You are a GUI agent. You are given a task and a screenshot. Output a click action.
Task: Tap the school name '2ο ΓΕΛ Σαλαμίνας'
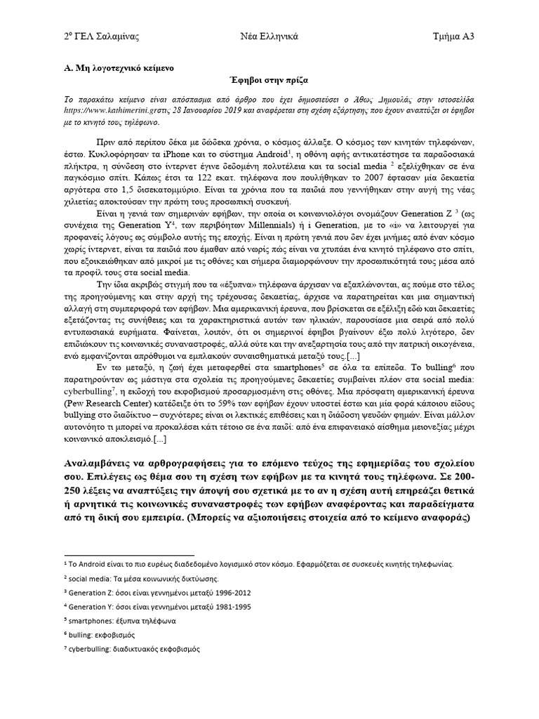93,36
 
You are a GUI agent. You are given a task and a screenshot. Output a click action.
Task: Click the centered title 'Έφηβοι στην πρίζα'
269,82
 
